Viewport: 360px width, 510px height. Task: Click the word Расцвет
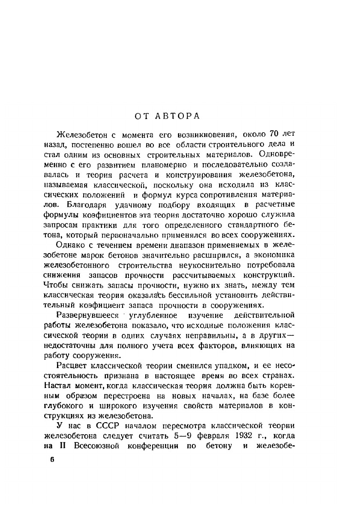coord(71,365)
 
